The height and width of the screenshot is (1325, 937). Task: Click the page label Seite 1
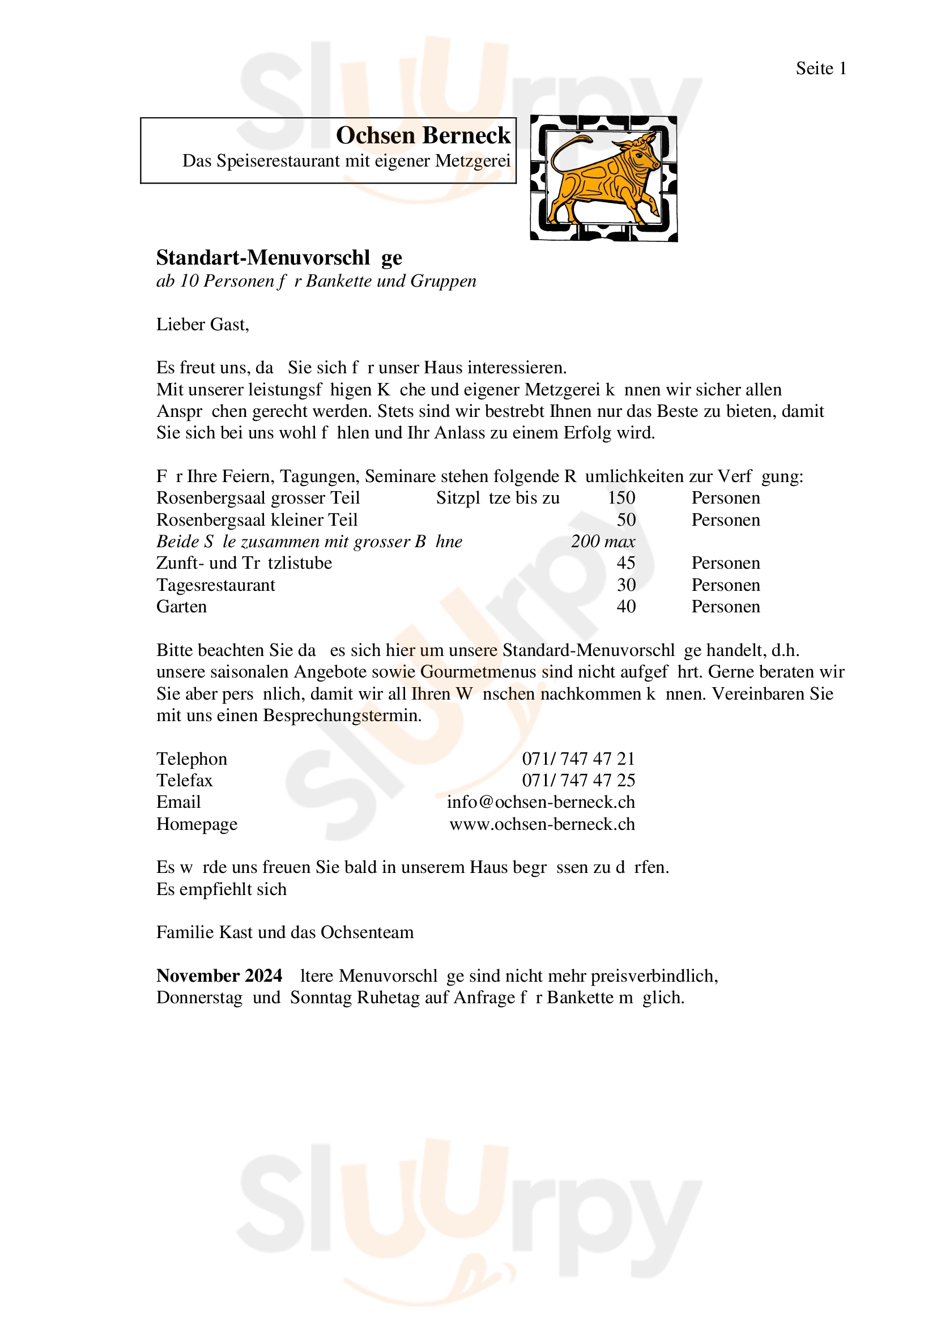point(820,69)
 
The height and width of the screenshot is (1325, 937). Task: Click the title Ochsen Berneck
point(423,135)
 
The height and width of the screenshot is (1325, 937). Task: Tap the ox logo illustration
point(603,178)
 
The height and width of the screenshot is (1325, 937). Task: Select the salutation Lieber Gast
point(202,325)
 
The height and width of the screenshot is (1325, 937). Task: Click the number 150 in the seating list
point(621,498)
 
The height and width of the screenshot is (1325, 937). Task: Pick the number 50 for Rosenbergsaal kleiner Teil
point(626,520)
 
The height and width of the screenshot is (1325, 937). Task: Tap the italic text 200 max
point(603,542)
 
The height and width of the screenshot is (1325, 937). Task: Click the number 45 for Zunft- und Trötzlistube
point(626,563)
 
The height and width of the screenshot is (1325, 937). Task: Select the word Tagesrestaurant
point(216,585)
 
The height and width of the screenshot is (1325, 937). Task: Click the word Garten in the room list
point(181,607)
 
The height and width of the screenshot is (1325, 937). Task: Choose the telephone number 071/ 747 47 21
point(578,759)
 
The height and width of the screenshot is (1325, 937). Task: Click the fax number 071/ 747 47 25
point(578,780)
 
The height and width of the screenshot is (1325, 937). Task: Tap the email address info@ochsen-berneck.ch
point(540,802)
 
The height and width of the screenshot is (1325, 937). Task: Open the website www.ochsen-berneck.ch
point(542,824)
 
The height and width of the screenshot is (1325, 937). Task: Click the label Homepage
point(197,824)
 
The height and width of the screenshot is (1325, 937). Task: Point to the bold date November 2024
point(219,976)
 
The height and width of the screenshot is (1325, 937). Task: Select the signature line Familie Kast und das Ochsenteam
point(285,932)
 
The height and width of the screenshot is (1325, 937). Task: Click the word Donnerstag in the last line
point(199,998)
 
